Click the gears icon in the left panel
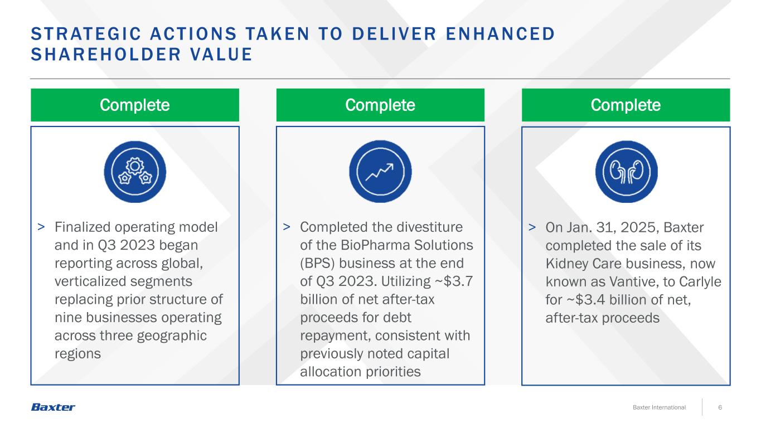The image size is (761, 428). [135, 172]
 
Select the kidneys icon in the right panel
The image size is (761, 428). [626, 172]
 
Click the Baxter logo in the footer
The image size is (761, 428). [53, 407]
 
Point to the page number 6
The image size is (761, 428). [720, 407]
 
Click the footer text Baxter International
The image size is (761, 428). [659, 407]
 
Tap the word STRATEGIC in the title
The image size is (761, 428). [86, 34]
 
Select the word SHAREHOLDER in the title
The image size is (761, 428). [106, 55]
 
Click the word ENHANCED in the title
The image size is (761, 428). [500, 34]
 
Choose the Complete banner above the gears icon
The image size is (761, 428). [135, 105]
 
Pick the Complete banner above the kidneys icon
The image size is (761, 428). [626, 105]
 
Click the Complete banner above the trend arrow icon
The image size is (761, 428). [380, 105]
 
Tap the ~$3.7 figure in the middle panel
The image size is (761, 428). [454, 281]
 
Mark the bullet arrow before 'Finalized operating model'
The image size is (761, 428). [41, 227]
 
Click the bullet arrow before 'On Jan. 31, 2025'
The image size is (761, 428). [532, 227]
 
